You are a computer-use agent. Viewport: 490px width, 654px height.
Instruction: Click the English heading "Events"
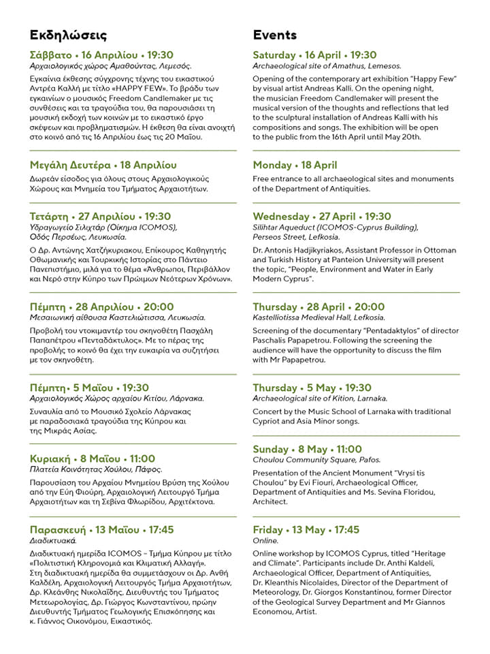275,35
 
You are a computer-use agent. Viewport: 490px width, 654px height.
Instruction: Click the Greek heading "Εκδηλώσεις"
68,35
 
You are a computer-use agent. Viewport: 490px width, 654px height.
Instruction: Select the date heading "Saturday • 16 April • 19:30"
314,55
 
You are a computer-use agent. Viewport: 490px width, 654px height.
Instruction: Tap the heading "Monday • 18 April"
295,165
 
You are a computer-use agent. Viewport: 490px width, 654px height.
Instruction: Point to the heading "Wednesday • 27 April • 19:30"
322,217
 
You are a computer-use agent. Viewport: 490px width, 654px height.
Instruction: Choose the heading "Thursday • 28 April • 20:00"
318,307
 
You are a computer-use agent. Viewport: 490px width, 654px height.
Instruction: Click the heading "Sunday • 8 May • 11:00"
307,450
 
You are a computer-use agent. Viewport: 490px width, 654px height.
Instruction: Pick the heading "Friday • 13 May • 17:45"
306,530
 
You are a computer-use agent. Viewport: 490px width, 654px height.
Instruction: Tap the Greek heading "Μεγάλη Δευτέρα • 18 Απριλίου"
103,165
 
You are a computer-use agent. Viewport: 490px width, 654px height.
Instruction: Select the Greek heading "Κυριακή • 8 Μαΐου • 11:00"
93,458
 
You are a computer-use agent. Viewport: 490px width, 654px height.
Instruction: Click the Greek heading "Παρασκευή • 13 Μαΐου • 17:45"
102,530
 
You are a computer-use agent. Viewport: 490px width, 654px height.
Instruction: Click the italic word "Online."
265,541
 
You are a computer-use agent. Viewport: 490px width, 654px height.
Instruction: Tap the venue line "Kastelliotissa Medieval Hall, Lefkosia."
318,318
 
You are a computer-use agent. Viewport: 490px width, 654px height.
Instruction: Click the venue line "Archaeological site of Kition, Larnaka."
320,399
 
